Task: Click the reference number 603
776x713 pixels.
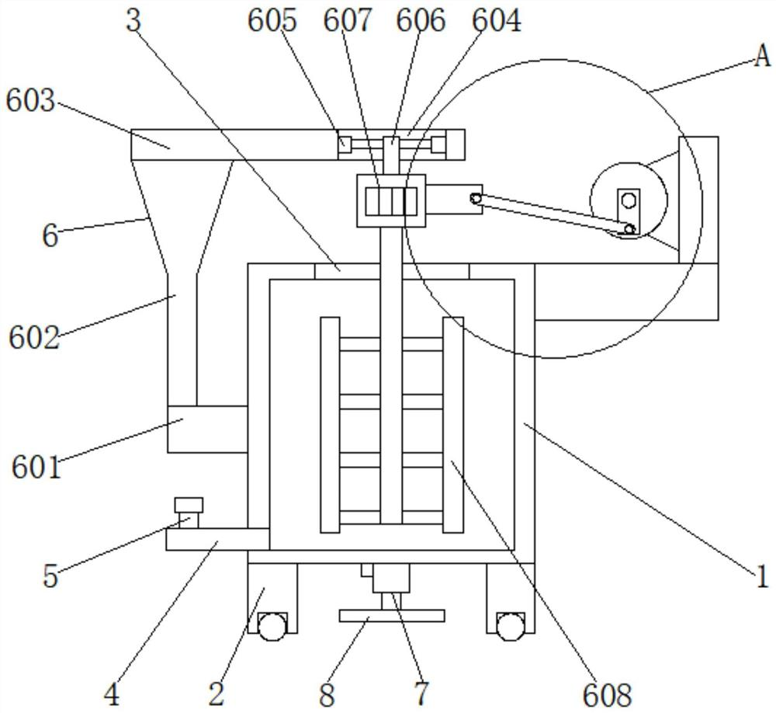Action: (30, 101)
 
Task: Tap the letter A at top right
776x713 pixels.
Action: (762, 56)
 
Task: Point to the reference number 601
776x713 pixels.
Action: (36, 468)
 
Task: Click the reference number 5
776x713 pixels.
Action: (50, 577)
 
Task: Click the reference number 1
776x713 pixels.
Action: (762, 576)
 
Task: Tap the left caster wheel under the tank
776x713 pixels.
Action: (272, 627)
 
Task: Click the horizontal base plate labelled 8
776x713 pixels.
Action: (392, 616)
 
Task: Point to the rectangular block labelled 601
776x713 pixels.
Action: (206, 429)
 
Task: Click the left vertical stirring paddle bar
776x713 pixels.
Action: (330, 425)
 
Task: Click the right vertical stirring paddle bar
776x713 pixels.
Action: (452, 425)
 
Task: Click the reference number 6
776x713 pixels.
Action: (50, 235)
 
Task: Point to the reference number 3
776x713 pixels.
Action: (134, 21)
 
